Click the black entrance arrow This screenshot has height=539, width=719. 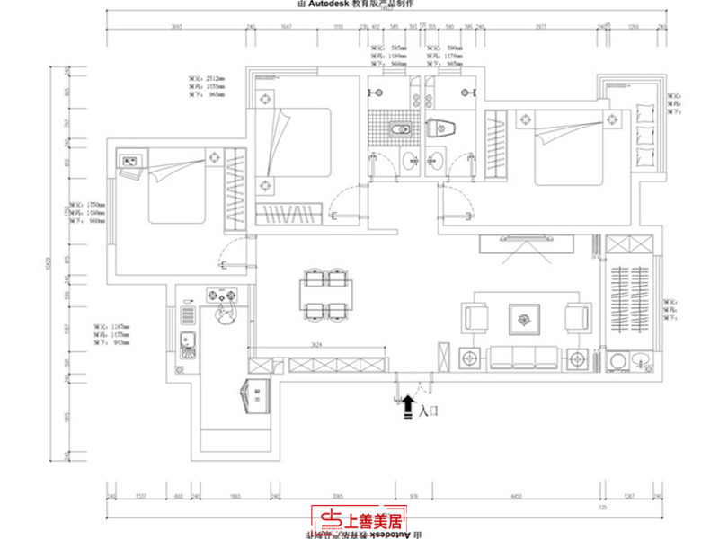coord(409,406)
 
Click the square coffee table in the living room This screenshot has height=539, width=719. coord(522,316)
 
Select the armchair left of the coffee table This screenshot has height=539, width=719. coord(475,317)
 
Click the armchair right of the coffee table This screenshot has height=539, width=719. coord(574,317)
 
